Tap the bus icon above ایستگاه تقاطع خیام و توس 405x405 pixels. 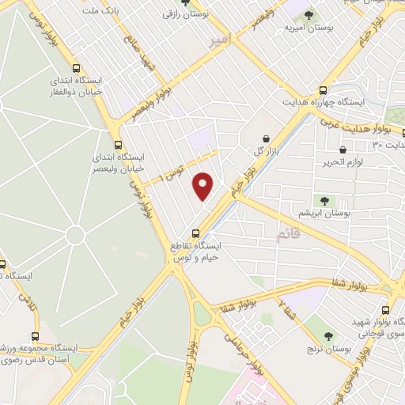196,233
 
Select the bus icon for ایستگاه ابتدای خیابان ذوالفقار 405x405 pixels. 76,68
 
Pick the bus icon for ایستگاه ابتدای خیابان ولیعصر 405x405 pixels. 118,145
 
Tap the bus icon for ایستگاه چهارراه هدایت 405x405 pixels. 323,90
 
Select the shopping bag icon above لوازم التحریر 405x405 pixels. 343,150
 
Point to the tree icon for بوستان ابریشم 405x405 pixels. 323,201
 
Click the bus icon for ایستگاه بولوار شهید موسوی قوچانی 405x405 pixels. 385,310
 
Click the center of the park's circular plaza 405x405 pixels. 76,237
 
